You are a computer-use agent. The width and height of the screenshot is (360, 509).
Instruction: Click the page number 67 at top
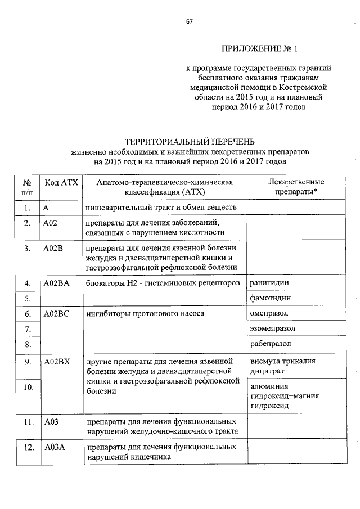190,22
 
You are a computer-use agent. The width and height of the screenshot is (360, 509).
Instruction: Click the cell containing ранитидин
270,282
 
